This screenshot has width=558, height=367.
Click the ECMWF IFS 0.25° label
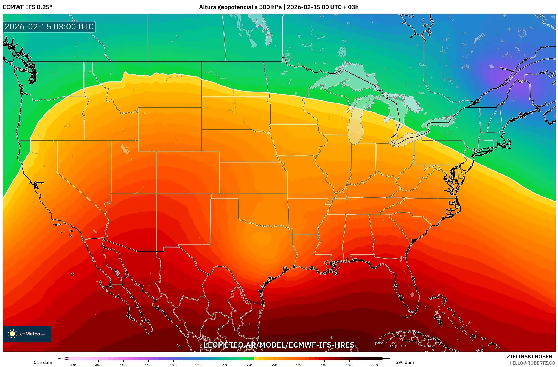click(27, 7)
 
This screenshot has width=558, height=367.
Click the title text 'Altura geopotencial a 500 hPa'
click(240, 7)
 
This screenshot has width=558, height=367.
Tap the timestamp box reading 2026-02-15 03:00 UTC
click(49, 27)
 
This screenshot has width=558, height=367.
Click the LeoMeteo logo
click(27, 334)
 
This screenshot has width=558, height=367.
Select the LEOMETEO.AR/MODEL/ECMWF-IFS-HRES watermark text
click(279, 345)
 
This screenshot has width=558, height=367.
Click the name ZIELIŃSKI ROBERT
click(531, 357)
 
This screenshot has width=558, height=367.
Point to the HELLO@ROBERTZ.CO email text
click(532, 363)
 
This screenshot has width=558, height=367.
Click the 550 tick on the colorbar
click(249, 365)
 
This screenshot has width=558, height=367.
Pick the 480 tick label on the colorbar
click(73, 365)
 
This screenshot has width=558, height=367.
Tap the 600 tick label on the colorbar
click(374, 365)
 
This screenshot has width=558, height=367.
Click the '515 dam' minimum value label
click(43, 362)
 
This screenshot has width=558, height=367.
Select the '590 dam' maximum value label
click(405, 362)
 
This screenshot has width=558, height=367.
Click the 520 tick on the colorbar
click(173, 365)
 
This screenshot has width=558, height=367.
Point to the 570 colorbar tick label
click(299, 365)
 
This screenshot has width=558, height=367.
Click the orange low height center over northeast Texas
click(261, 239)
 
